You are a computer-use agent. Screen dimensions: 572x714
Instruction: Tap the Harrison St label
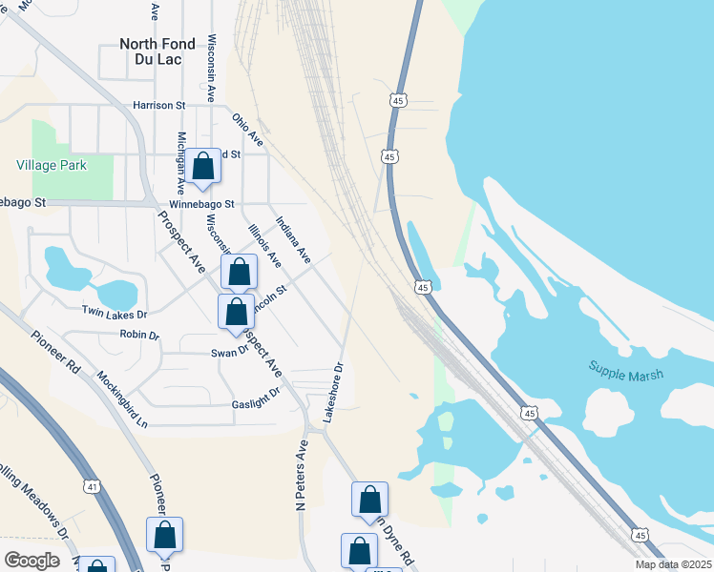(x=159, y=105)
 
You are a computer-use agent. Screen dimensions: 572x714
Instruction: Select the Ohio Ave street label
(x=248, y=130)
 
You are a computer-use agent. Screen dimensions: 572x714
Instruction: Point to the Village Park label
(x=52, y=165)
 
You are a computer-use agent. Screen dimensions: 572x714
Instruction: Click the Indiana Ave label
(x=293, y=240)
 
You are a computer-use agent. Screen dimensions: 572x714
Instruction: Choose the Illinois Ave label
(x=264, y=245)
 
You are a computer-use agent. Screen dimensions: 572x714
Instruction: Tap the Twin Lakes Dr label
(x=115, y=313)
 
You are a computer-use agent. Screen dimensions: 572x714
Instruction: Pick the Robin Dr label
(x=139, y=335)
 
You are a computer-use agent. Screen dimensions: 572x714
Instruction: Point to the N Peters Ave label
(x=302, y=475)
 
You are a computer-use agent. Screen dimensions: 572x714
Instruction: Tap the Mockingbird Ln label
(x=123, y=399)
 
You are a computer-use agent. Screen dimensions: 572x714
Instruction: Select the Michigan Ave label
(x=180, y=163)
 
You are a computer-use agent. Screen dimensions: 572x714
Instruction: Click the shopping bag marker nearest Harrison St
(x=202, y=168)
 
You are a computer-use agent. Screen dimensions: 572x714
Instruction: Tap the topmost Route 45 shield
(x=398, y=100)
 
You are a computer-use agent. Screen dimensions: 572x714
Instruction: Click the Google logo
(x=31, y=561)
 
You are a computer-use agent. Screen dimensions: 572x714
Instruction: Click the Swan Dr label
(x=230, y=352)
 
